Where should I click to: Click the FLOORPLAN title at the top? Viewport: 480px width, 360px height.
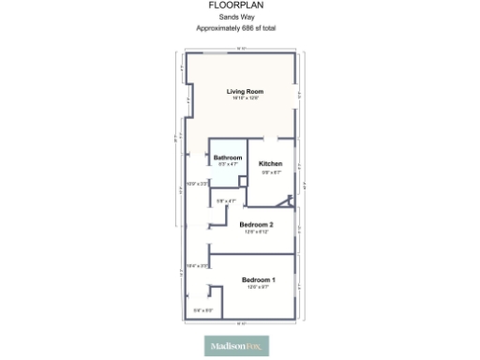click(x=235, y=6)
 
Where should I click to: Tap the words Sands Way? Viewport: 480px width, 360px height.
click(x=235, y=18)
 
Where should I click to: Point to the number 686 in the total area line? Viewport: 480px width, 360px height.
click(x=247, y=29)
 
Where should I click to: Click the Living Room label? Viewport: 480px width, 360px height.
click(x=245, y=91)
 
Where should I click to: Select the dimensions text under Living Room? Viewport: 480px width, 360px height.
click(x=245, y=98)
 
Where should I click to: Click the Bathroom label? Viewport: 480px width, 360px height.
click(x=228, y=157)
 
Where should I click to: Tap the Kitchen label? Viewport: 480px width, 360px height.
click(x=271, y=163)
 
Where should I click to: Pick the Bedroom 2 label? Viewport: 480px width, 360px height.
click(x=256, y=224)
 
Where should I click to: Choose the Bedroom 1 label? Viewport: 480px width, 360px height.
click(x=258, y=280)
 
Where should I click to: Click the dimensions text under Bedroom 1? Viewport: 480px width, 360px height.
click(x=258, y=288)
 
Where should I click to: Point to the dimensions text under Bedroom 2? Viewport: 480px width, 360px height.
click(x=256, y=232)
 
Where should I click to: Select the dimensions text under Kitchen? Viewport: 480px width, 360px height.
click(x=271, y=172)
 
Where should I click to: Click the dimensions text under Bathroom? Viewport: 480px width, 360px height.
click(x=228, y=164)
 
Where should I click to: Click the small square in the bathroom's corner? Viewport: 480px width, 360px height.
click(x=243, y=180)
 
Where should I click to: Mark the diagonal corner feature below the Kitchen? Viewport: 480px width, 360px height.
click(x=290, y=200)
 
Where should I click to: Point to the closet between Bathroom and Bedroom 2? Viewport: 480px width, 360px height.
click(x=225, y=199)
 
